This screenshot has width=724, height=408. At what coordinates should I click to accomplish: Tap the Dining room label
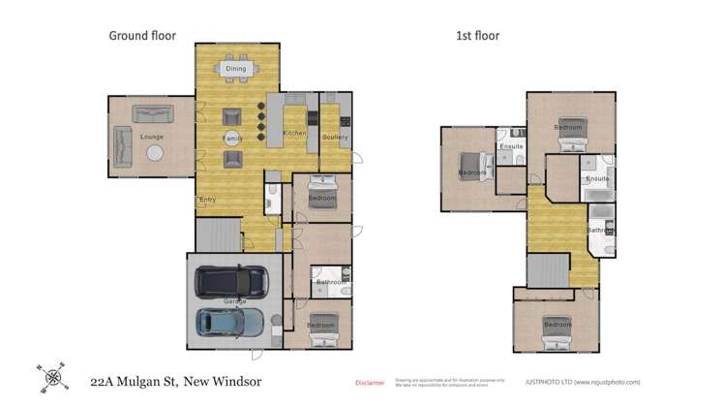coord(235,69)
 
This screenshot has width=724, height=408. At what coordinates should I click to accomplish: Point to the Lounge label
coord(152,137)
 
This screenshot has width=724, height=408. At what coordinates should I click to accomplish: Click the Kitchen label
coord(294,133)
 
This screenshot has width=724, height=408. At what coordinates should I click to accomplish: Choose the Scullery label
coord(334,137)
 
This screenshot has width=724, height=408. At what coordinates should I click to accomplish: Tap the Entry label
coord(206,201)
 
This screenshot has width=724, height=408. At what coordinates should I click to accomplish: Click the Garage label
coord(236,301)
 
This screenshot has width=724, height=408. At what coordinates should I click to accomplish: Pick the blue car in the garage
coord(229,321)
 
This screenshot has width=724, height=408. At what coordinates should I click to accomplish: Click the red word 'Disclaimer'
coord(371,383)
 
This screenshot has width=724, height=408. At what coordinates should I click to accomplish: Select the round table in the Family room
coord(232,139)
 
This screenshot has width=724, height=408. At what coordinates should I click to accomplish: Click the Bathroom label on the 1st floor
coord(600,231)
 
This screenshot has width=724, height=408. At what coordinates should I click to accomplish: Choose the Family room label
coord(232,139)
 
